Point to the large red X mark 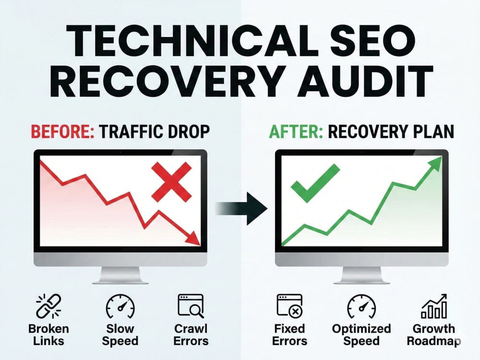(x=172, y=182)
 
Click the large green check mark (x=315, y=183)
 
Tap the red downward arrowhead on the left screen (x=193, y=238)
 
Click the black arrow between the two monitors (x=241, y=209)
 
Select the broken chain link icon (x=48, y=306)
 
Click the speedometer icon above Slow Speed (x=120, y=306)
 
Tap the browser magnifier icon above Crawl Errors (x=191, y=306)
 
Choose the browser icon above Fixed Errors (x=289, y=306)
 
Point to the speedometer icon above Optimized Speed (x=361, y=306)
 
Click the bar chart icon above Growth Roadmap (x=434, y=306)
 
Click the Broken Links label (x=48, y=335)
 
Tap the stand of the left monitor (x=120, y=275)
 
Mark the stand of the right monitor (x=361, y=275)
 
